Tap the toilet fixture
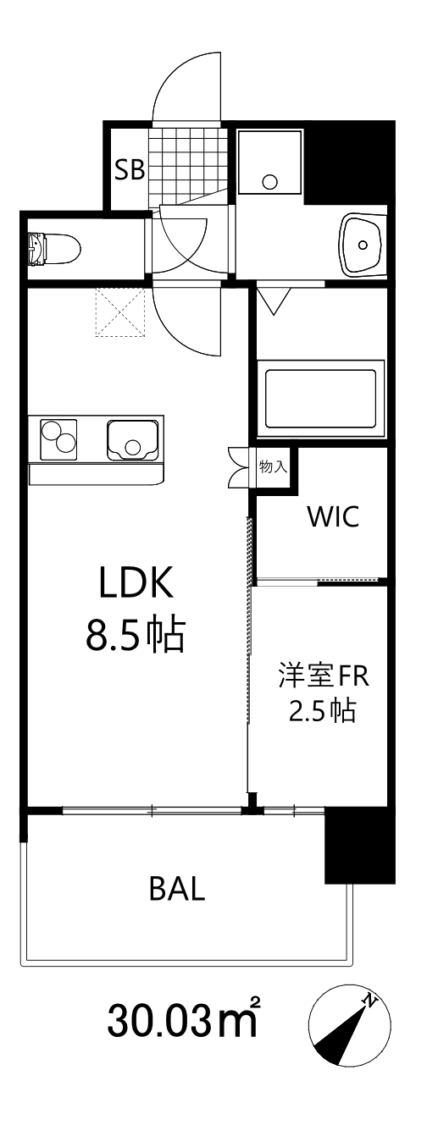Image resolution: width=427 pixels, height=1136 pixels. coord(54,248)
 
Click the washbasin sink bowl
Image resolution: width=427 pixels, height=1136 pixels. coord(363,244)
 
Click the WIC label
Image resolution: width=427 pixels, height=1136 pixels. coord(333,516)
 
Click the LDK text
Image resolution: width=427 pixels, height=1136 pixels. coord(136,583)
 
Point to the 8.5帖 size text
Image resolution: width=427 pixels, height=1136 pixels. coord(136,635)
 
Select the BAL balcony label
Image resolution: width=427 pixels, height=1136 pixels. coord(177,890)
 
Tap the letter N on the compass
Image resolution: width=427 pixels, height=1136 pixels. coord(369,1001)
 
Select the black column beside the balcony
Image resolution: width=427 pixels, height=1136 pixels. coord(360,846)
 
